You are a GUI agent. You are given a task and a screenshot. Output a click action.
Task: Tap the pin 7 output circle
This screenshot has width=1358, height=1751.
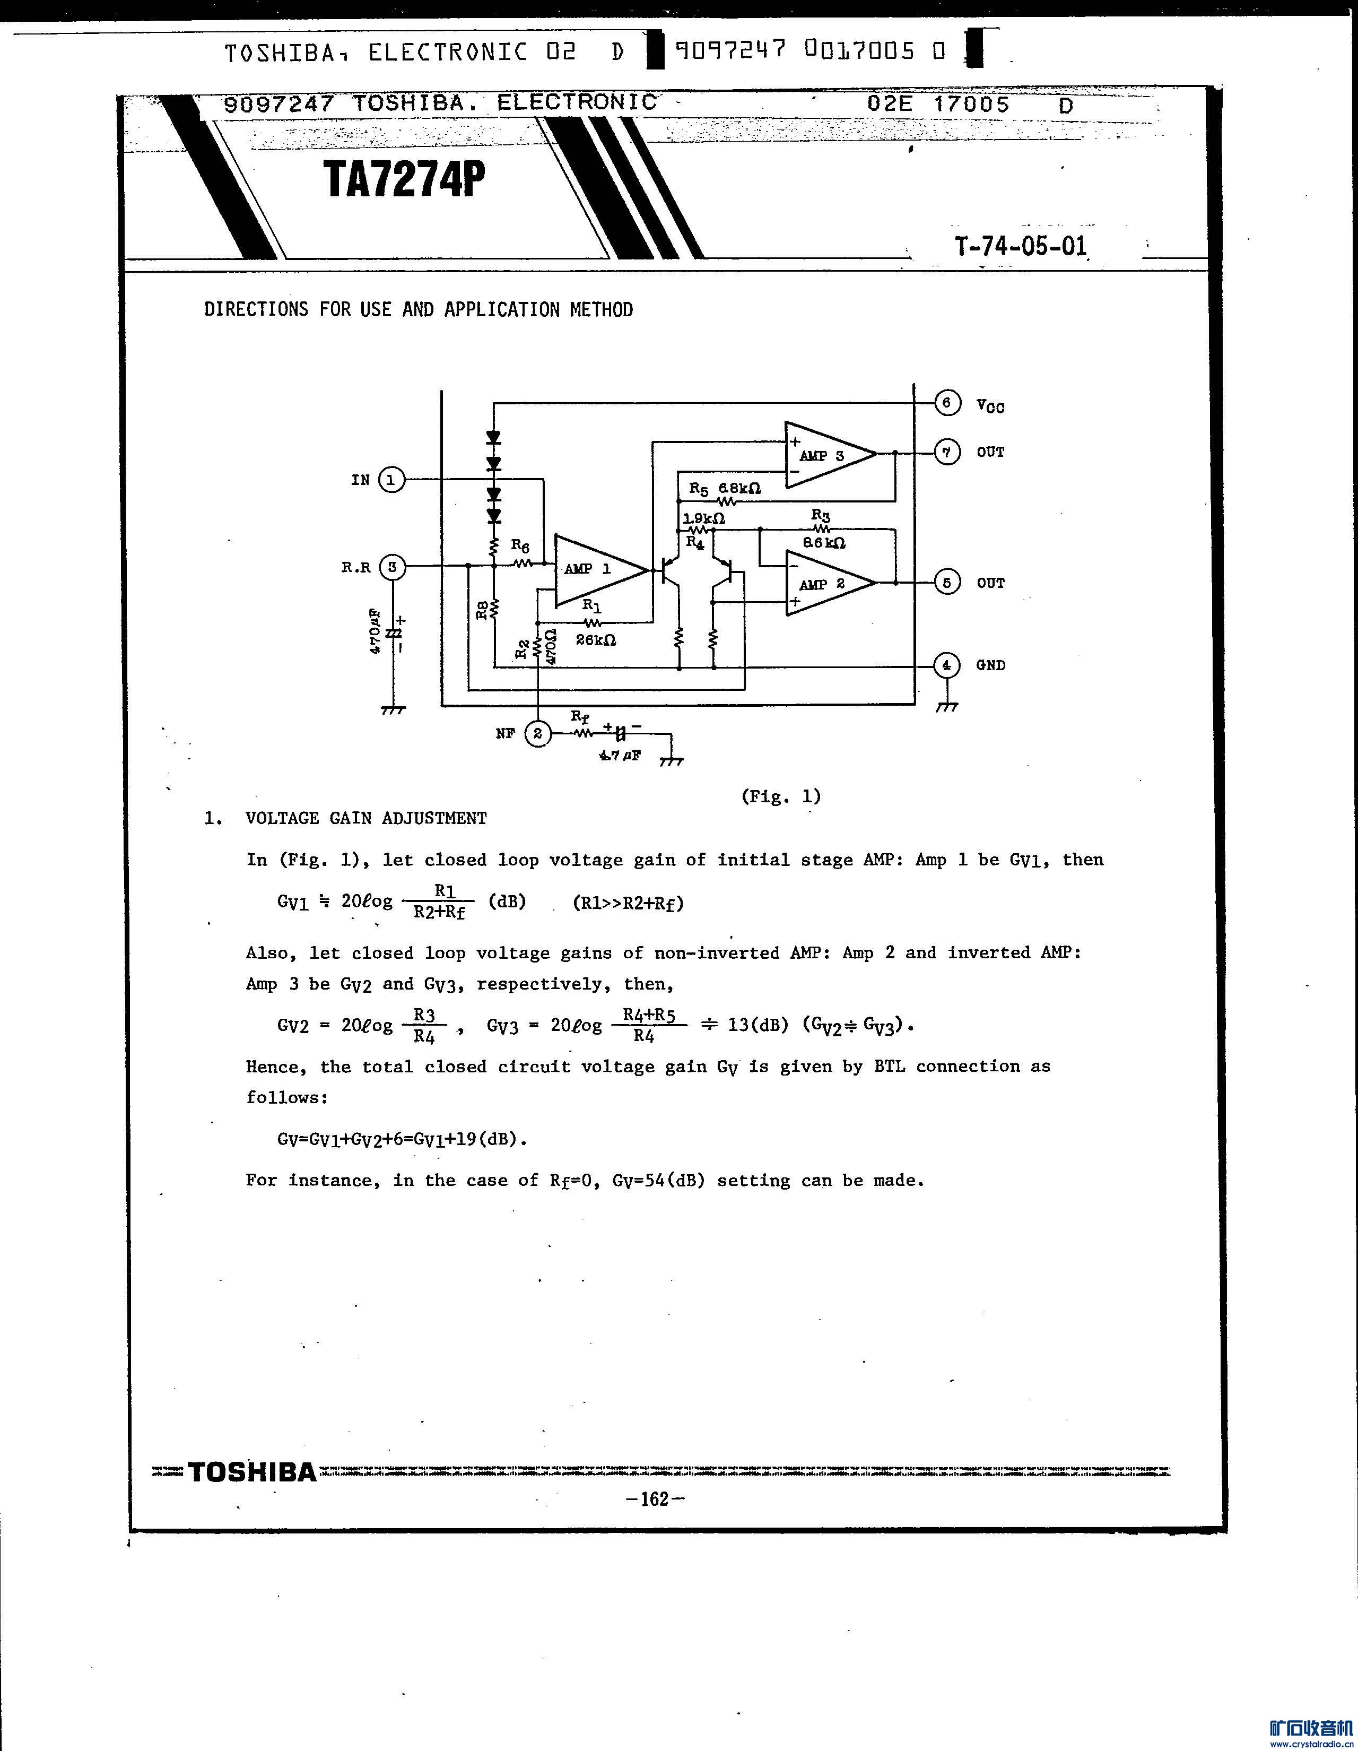pos(947,452)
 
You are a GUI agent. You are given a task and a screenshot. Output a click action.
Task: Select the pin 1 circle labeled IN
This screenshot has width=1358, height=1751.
pos(391,480)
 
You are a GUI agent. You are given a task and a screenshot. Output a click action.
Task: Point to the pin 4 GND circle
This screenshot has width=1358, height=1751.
pos(947,665)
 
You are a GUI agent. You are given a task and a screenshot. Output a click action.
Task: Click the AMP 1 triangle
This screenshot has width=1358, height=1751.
pos(593,569)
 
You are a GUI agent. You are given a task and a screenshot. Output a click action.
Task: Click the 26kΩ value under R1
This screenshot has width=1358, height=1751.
pos(596,640)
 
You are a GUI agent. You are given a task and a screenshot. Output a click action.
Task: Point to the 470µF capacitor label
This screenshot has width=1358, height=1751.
pos(375,632)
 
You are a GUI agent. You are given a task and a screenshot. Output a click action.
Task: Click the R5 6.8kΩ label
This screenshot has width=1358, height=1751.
pos(725,488)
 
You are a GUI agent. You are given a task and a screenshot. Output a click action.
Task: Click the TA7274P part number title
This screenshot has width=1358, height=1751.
pos(405,180)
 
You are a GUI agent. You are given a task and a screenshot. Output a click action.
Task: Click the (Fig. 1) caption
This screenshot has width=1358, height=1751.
pos(781,796)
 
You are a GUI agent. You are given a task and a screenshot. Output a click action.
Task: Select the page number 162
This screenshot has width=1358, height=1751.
pos(655,1498)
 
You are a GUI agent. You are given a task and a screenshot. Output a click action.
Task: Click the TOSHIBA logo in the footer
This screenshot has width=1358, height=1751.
pos(253,1473)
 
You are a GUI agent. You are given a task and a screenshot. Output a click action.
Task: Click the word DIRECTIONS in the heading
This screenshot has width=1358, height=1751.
pos(256,309)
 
